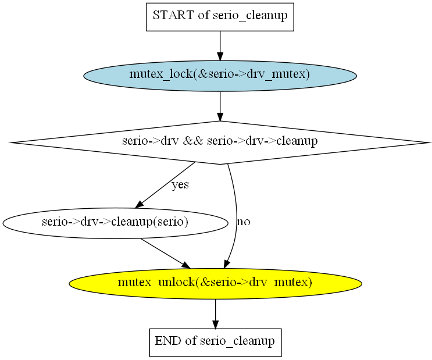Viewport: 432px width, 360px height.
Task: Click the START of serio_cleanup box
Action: click(220, 16)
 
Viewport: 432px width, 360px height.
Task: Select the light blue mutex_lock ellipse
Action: click(220, 75)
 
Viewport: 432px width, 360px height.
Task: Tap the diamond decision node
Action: click(220, 142)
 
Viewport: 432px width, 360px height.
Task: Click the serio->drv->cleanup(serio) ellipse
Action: click(115, 222)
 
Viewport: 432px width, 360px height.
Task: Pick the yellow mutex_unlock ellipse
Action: click(215, 283)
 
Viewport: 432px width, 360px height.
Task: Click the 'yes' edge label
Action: click(180, 186)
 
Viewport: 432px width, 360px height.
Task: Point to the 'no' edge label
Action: click(244, 222)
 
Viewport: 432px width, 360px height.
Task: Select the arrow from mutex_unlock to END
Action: click(215, 313)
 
